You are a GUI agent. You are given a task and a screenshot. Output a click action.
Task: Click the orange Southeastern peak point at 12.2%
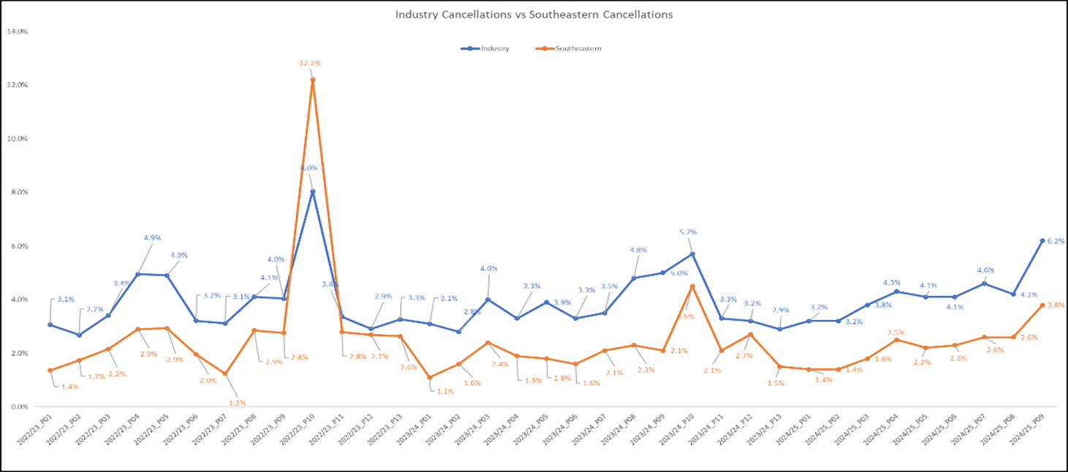[x=313, y=80]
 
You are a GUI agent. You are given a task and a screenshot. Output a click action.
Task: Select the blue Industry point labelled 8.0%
[x=313, y=191]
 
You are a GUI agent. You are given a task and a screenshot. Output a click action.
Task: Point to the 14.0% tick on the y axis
[x=17, y=31]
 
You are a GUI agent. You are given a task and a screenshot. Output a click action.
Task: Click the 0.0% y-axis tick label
[x=17, y=406]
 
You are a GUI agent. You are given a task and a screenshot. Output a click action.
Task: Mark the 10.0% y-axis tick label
[x=17, y=139]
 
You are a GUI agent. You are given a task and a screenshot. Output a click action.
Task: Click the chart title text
[x=533, y=14]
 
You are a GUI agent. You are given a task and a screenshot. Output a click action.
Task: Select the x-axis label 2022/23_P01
[x=35, y=437]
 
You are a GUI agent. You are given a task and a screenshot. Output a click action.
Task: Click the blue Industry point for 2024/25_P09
[x=1042, y=240]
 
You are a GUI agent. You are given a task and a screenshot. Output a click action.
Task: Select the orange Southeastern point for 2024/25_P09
[x=1042, y=305]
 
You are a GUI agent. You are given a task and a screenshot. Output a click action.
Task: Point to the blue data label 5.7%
[x=688, y=232]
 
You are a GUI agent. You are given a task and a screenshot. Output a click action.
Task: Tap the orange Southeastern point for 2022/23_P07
[x=225, y=373]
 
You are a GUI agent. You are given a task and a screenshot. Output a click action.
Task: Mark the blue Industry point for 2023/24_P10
[x=692, y=254]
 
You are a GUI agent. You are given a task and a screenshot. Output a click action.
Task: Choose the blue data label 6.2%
[x=1056, y=240]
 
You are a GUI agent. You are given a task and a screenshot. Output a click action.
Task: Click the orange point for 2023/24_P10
[x=692, y=286]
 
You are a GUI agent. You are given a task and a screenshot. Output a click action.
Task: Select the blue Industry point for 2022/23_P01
[x=50, y=324]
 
